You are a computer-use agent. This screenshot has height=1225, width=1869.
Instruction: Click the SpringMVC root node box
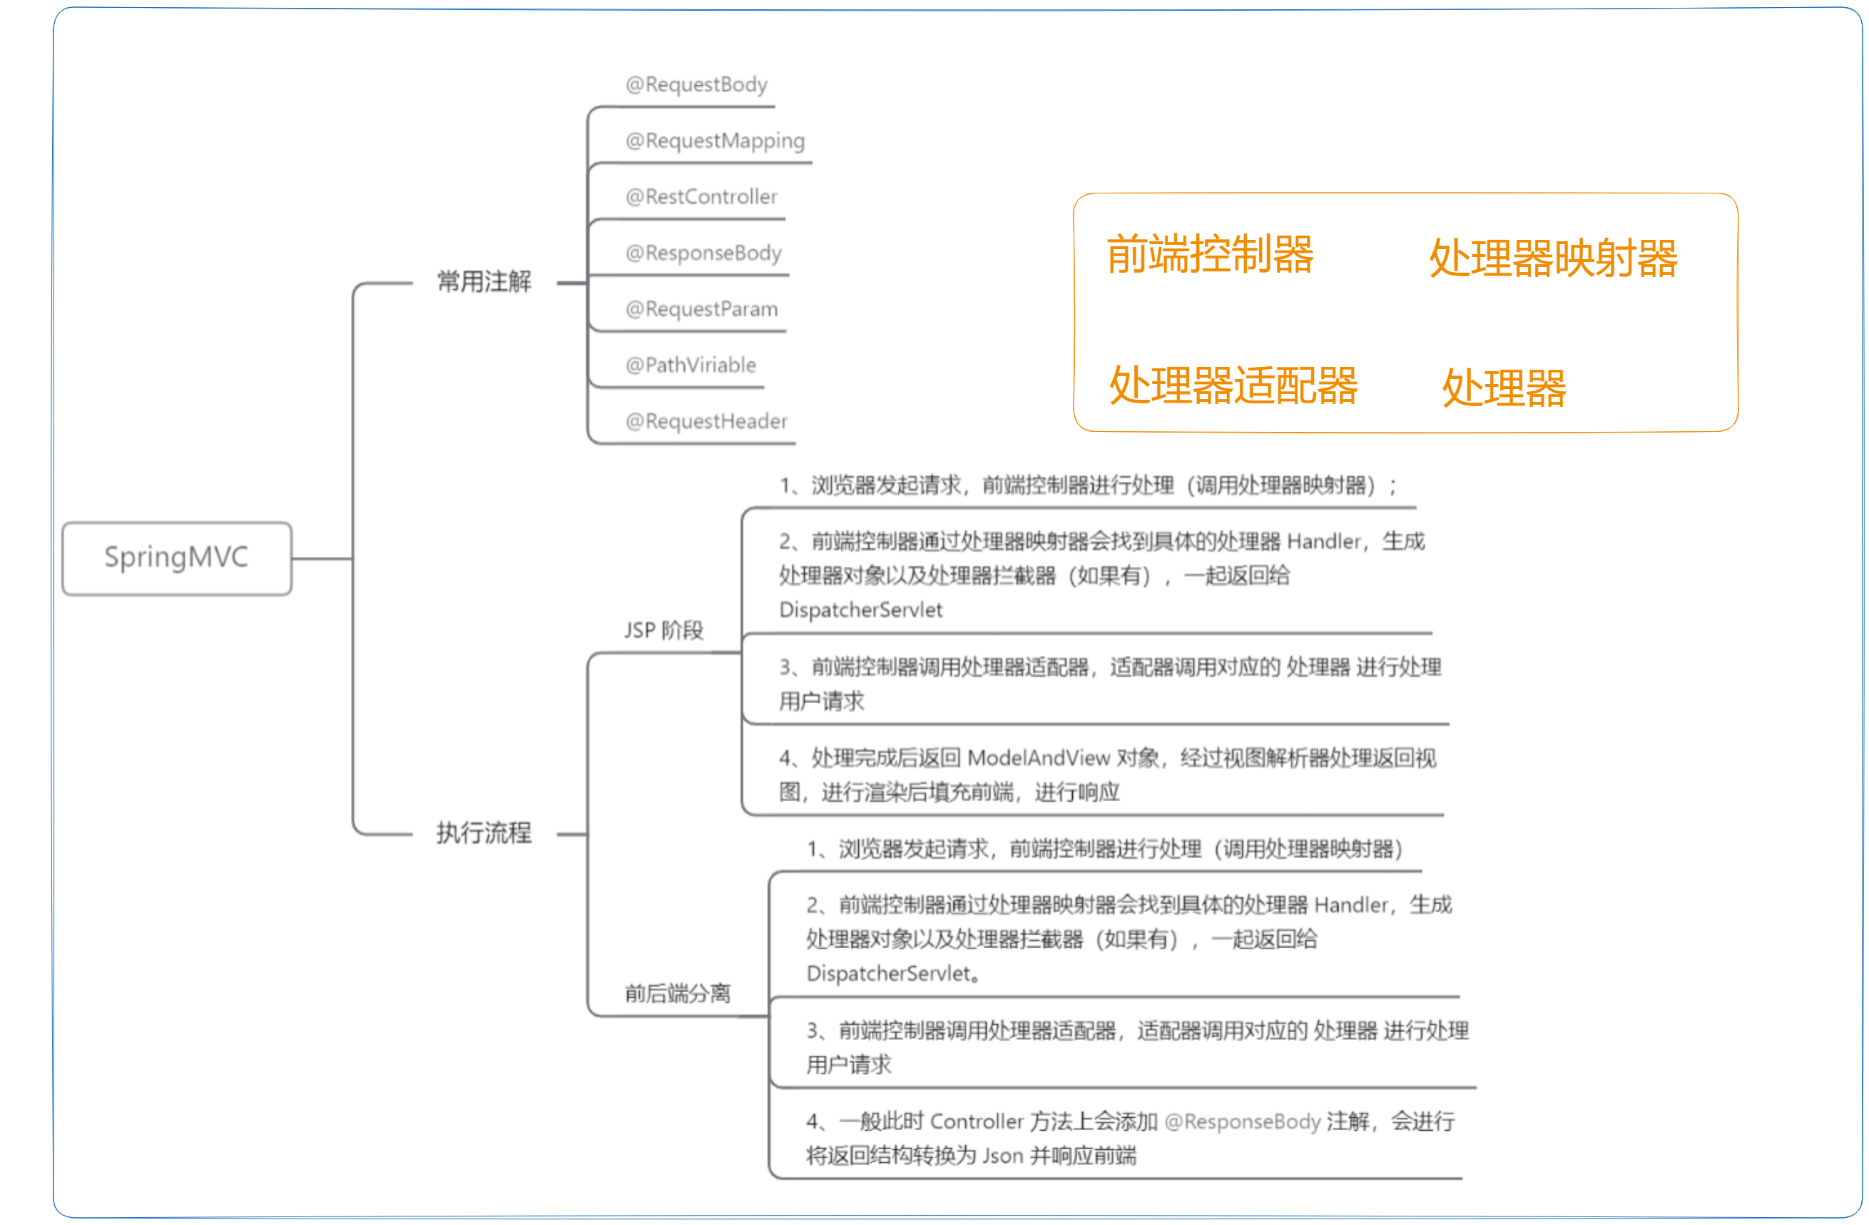[x=177, y=558]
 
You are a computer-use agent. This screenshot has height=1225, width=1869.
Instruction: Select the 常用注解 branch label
[x=484, y=281]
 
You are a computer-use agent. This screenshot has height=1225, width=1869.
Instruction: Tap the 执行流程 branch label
[x=484, y=833]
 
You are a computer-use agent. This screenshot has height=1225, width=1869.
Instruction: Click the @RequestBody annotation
[x=696, y=85]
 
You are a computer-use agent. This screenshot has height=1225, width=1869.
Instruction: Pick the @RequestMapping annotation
[x=715, y=141]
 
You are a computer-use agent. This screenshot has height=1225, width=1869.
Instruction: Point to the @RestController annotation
[x=701, y=196]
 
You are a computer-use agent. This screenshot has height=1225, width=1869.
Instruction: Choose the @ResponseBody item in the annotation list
[x=703, y=253]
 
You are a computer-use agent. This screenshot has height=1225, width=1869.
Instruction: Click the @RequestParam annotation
[x=701, y=309]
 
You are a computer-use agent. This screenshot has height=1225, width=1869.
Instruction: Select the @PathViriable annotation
[x=691, y=366]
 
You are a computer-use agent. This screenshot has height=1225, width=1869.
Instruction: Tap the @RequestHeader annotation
[x=706, y=421]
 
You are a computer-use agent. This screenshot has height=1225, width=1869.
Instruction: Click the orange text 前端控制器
[x=1209, y=254]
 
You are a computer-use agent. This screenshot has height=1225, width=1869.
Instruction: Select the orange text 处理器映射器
[x=1552, y=258]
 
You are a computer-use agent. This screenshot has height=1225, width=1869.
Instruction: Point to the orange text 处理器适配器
[x=1233, y=385]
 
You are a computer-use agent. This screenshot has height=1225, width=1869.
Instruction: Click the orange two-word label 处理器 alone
[x=1504, y=388]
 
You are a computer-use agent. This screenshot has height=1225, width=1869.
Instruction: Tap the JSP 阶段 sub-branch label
[x=663, y=630]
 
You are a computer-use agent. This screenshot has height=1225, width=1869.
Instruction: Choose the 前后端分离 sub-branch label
[x=677, y=994]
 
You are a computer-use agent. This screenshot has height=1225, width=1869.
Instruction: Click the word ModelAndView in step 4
[x=1038, y=758]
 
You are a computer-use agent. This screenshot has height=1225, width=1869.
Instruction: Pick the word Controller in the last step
[x=976, y=1122]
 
